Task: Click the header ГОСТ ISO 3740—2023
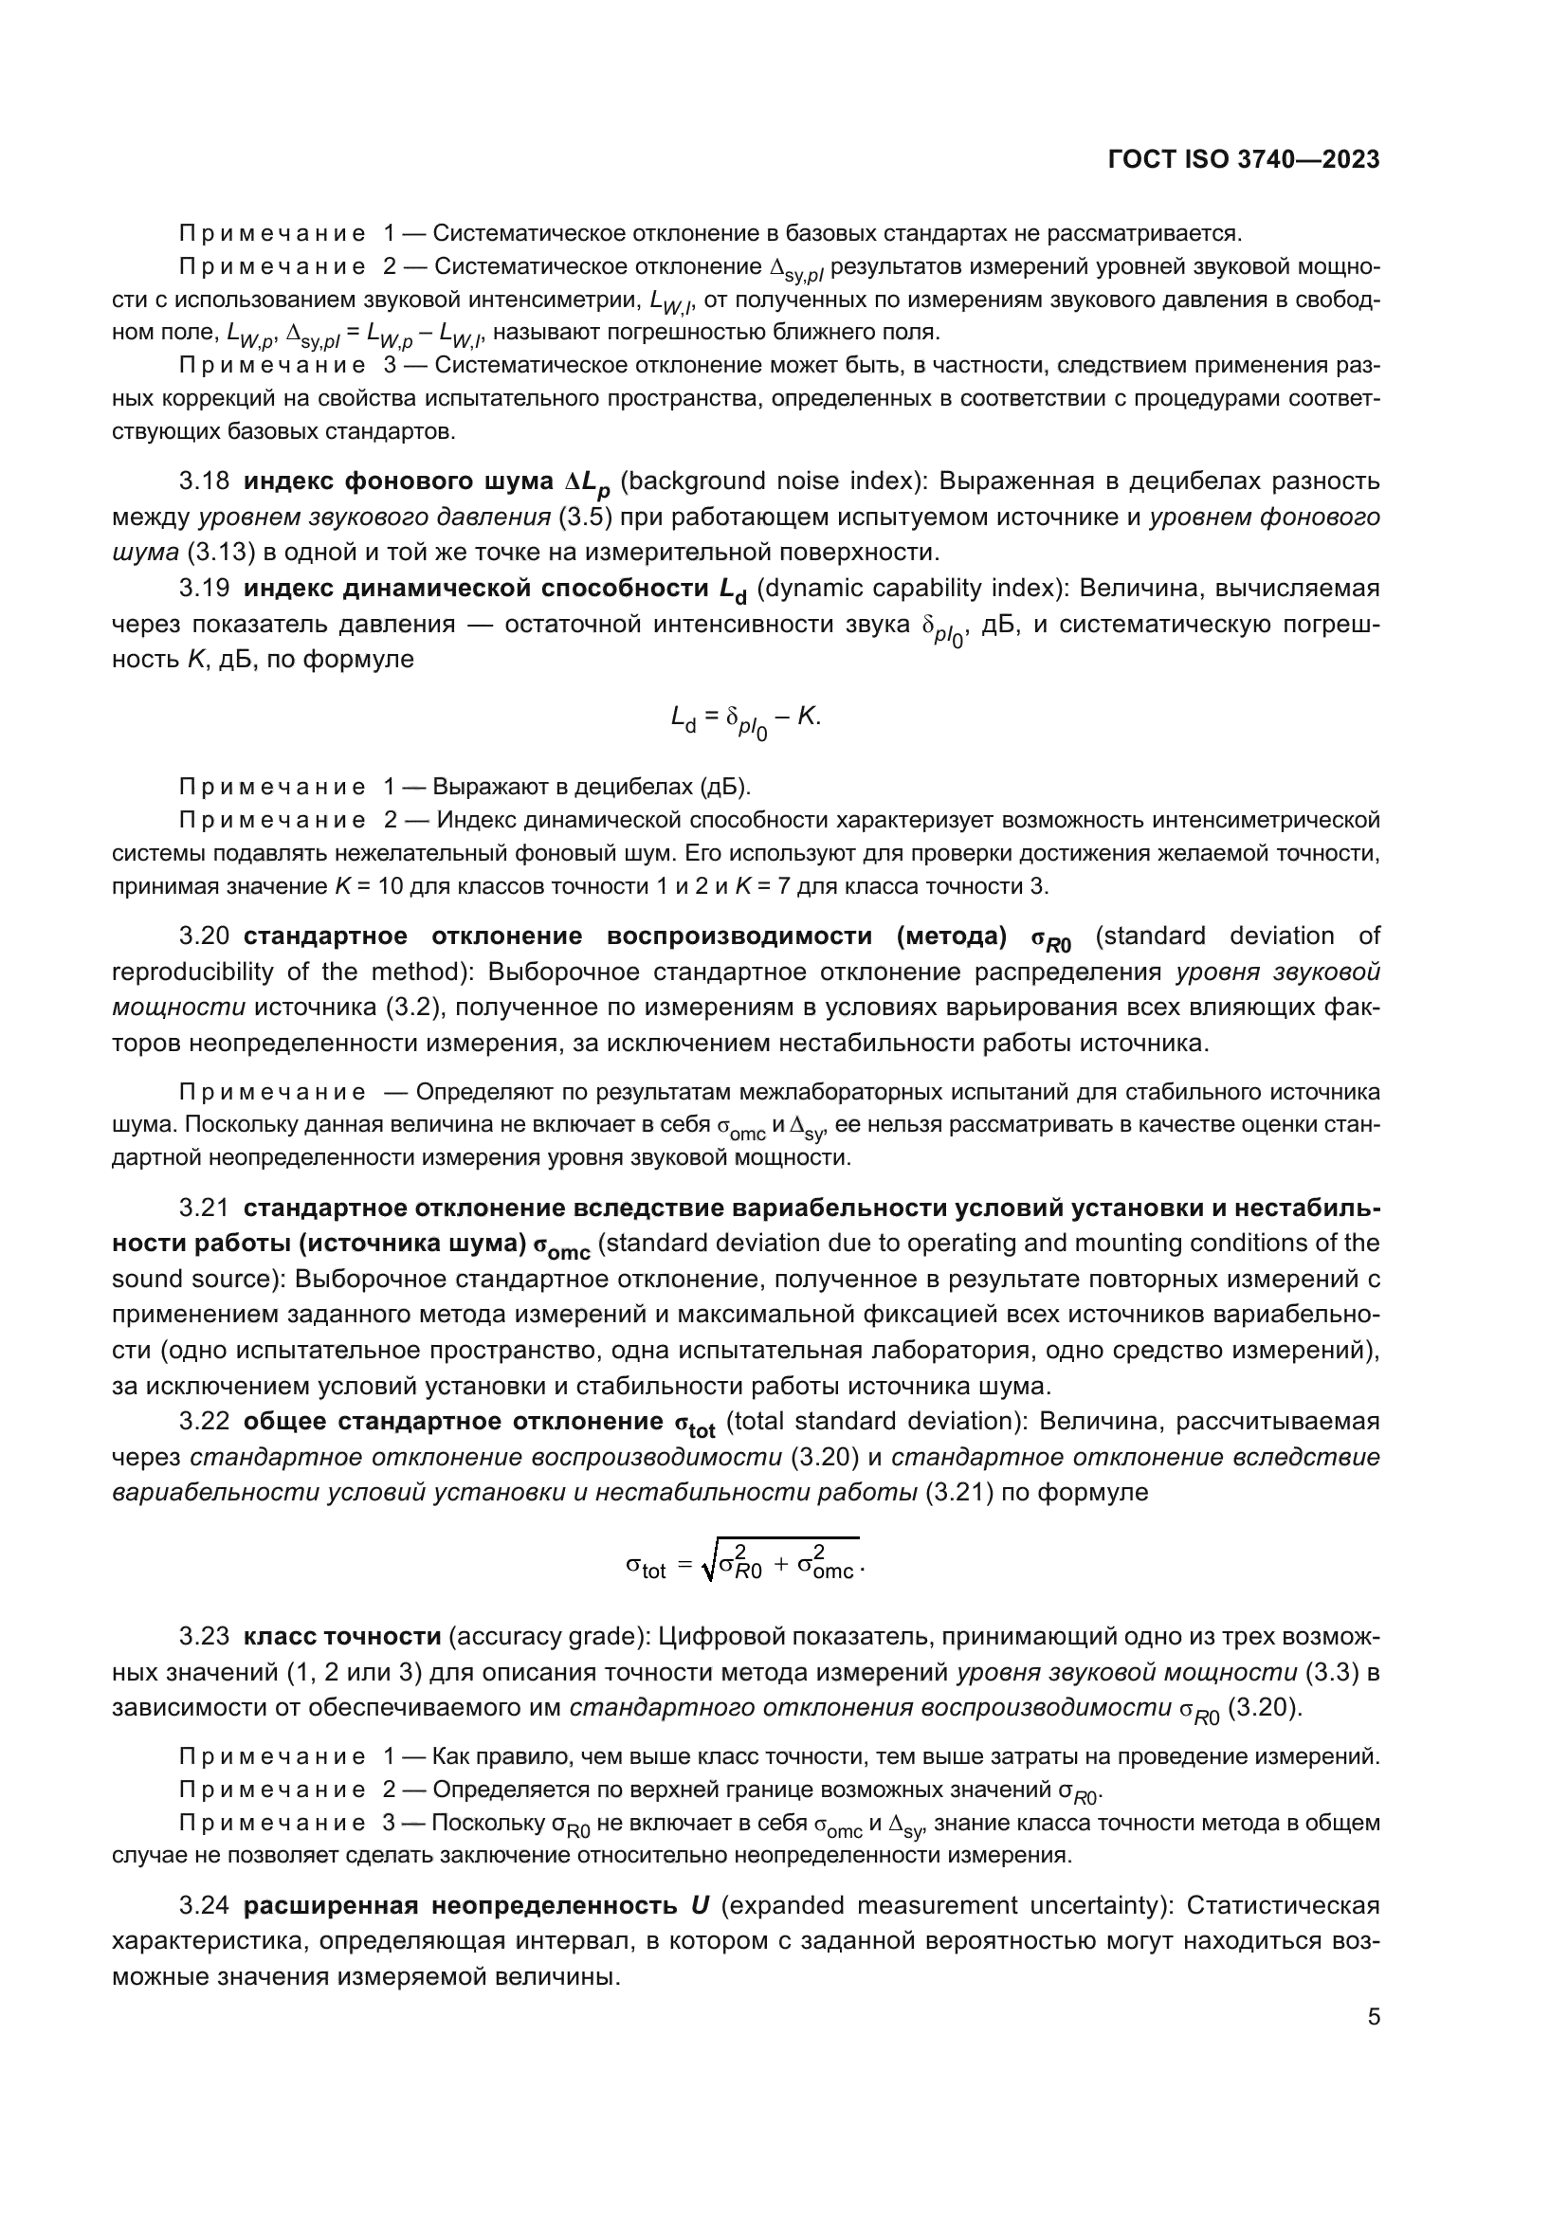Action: (x=1244, y=160)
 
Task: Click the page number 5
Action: (x=1373, y=2016)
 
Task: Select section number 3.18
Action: (x=204, y=481)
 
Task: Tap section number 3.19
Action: (x=204, y=588)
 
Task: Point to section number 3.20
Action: (x=204, y=936)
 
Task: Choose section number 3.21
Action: (x=204, y=1208)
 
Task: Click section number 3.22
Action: (x=204, y=1422)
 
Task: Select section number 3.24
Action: (x=204, y=1905)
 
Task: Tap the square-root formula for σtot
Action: (x=743, y=1560)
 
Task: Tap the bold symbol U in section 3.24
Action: (x=700, y=1905)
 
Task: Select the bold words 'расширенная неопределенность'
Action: (x=460, y=1905)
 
